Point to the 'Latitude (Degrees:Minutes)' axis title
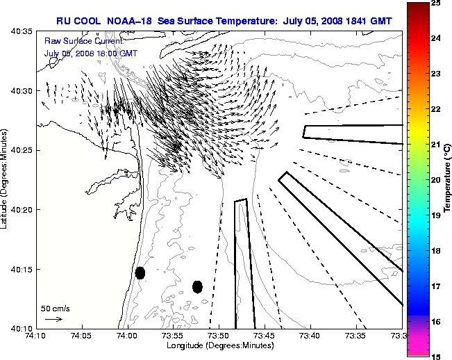(6, 179)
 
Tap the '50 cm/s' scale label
(55, 307)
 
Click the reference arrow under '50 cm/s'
(53, 319)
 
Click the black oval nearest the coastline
(140, 272)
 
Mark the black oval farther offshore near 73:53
(197, 286)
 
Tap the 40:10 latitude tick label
(23, 328)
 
